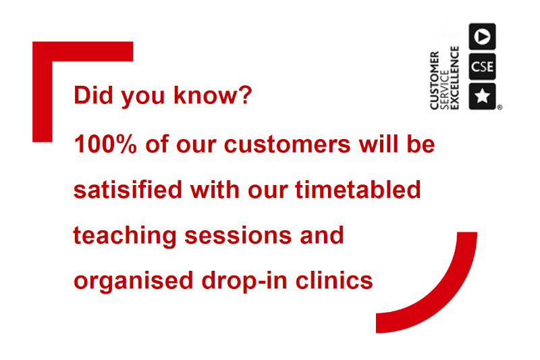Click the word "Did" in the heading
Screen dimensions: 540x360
(93, 95)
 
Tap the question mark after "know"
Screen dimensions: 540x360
(246, 95)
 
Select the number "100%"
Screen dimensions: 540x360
(105, 144)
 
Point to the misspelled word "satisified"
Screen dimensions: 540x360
(128, 190)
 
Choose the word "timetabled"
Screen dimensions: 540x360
(358, 190)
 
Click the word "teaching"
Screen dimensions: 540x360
(125, 236)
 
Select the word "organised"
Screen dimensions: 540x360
(133, 281)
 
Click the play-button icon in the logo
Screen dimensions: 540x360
(482, 36)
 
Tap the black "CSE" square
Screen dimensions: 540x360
(482, 66)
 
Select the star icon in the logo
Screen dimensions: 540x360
(482, 96)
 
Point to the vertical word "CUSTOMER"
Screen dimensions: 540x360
(434, 80)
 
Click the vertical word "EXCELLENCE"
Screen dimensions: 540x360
(454, 78)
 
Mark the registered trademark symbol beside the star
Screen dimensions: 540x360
(500, 107)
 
